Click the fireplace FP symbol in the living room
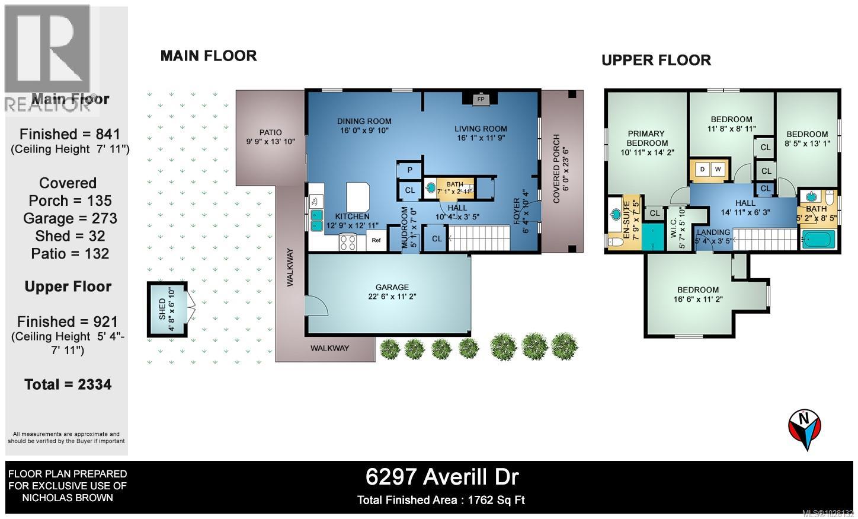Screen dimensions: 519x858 tap(481, 100)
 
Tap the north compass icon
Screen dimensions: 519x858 tap(804, 428)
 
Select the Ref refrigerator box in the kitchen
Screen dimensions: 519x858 tap(376, 240)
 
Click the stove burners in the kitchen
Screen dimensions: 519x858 tap(348, 242)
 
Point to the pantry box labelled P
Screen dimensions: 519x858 tap(409, 170)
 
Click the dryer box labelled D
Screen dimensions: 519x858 tap(703, 170)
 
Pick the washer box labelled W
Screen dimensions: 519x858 tap(718, 170)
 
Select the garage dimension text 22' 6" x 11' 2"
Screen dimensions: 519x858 tap(392, 297)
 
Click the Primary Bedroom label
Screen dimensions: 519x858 tap(646, 138)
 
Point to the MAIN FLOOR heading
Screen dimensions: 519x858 tap(208, 56)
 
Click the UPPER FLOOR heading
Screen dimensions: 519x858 tap(656, 61)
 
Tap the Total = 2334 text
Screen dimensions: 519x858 tap(68, 384)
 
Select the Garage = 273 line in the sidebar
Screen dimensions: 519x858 tap(70, 218)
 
